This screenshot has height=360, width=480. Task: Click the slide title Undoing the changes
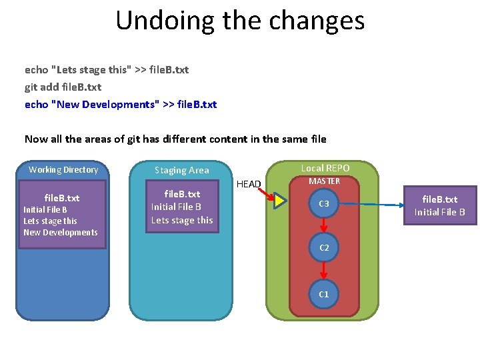pos(240,21)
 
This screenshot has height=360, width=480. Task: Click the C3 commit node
pos(324,203)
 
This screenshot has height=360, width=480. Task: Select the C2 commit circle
pos(324,247)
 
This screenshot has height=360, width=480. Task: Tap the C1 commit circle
pos(324,294)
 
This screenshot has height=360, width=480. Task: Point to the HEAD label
pos(249,184)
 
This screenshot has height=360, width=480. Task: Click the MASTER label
pos(324,181)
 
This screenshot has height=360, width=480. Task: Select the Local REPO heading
pos(325,168)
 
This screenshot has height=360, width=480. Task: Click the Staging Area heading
pos(181,170)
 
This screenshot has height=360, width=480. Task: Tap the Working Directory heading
pos(63,170)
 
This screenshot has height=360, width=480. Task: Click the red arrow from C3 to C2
pos(324,225)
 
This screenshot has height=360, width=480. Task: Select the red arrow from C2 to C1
pos(324,271)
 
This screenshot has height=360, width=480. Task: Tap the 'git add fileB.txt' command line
pos(63,87)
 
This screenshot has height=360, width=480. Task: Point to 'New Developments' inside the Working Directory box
pos(61,233)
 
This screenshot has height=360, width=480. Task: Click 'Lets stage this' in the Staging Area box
pos(182,220)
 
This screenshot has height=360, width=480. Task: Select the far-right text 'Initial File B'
pos(439,212)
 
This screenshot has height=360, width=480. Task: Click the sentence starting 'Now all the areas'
pos(175,139)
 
